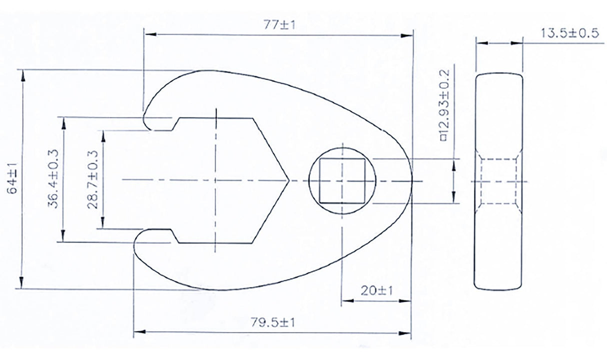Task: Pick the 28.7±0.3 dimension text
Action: click(93, 179)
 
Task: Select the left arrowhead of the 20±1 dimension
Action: click(345, 301)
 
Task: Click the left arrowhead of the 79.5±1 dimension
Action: click(137, 331)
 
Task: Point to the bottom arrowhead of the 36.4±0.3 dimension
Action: click(62, 238)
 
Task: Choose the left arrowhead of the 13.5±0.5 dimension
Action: click(478, 43)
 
